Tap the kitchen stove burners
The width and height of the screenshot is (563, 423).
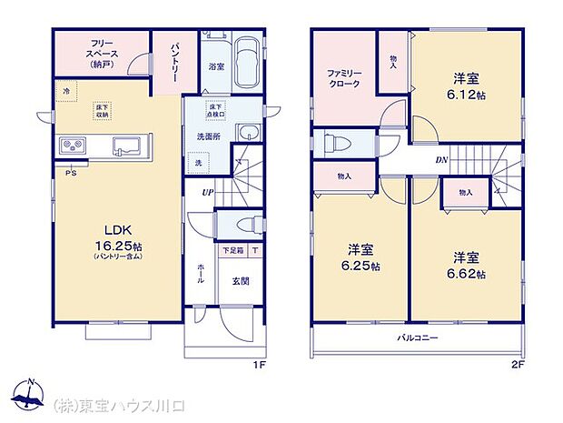point(73,146)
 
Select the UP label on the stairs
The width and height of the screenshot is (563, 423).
point(208,193)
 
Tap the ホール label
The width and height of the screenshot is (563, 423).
point(201,272)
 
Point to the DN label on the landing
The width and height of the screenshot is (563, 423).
point(442,162)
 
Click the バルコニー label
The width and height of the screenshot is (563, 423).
point(418,337)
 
